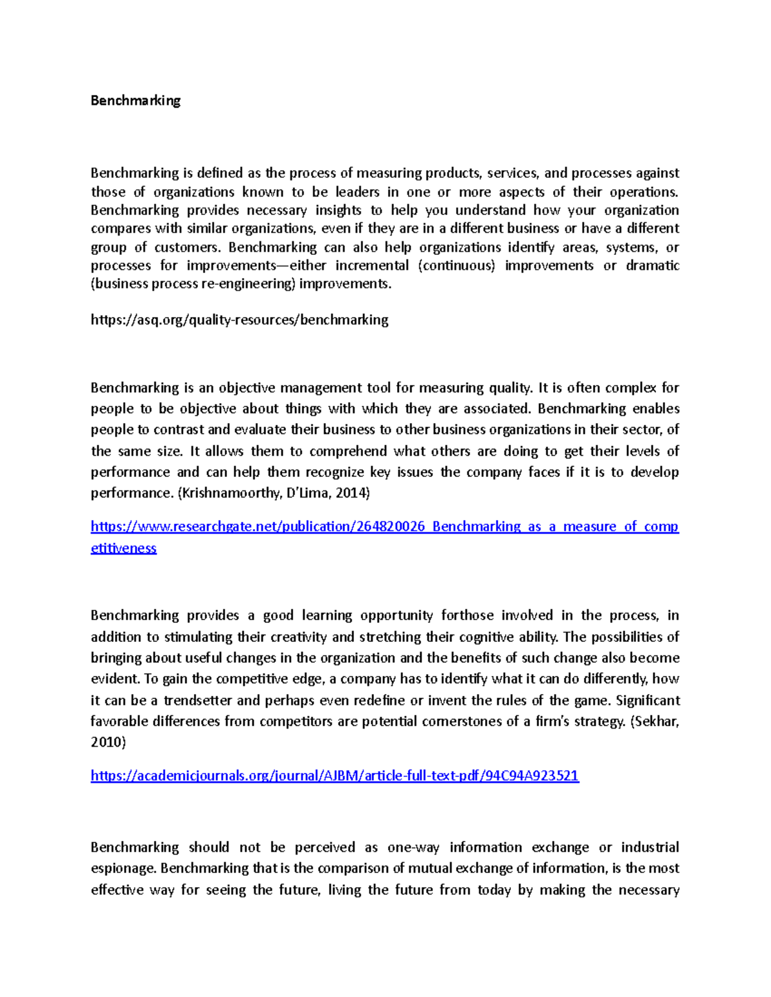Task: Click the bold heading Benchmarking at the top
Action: [x=136, y=100]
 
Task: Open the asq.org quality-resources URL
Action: [x=239, y=320]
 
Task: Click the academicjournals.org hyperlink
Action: [x=335, y=776]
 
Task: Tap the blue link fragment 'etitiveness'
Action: [x=123, y=548]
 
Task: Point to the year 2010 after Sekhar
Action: [x=108, y=742]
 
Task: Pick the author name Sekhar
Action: [x=655, y=721]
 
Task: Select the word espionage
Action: [x=123, y=869]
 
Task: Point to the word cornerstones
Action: [x=461, y=721]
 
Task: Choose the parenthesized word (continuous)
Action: [x=457, y=266]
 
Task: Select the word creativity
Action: [x=297, y=637]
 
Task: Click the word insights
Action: [x=338, y=210]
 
